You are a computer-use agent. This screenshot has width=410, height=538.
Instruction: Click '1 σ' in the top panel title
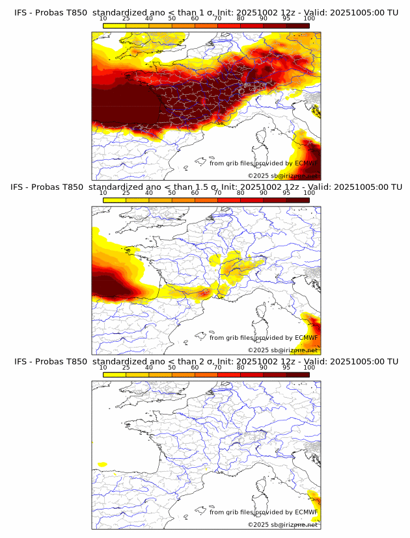pos(207,12)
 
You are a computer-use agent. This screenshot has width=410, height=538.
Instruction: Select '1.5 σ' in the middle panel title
pos(209,187)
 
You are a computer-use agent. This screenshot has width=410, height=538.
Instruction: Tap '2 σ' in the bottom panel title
pos(207,361)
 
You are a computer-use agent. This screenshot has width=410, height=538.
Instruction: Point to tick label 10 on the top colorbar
pos(103,18)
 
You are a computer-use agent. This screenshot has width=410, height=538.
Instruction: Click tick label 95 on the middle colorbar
pos(286,193)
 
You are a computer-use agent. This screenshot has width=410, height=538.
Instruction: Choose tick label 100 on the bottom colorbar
pos(309,367)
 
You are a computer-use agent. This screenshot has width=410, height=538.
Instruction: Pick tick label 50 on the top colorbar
pos(172,18)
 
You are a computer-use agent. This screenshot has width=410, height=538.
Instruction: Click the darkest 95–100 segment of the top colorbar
pos(297,25)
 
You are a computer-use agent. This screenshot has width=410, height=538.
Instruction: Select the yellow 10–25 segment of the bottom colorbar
pos(114,374)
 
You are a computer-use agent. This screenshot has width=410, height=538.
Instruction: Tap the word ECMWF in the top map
pos(306,163)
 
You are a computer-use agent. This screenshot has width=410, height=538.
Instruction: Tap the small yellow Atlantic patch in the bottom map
pos(102,464)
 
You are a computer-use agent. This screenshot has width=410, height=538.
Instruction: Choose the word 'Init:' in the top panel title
pos(230,12)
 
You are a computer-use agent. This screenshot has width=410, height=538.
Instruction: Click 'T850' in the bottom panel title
pos(74,361)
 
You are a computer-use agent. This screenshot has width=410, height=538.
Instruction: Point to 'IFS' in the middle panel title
pos(21,187)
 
